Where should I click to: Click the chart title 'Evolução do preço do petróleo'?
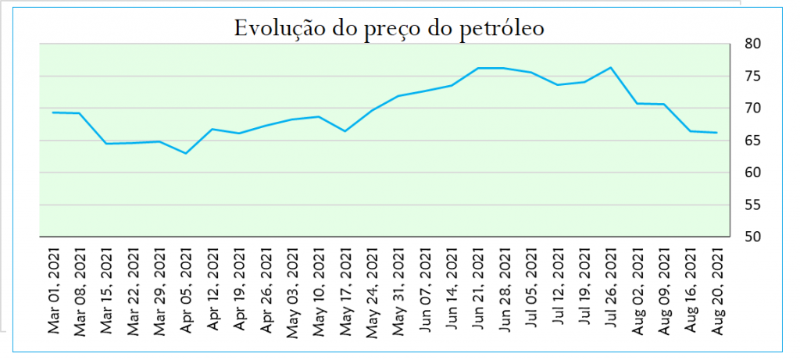pos(389,28)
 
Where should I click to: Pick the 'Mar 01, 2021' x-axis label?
pos(54,291)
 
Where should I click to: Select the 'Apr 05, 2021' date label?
pos(186,290)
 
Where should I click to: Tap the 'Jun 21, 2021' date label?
pos(479,290)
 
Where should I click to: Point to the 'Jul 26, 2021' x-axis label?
pos(611,289)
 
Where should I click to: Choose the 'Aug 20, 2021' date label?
pos(718,291)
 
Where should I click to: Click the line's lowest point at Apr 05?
pos(186,154)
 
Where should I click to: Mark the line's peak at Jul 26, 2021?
pos(611,67)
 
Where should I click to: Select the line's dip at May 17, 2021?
pos(345,131)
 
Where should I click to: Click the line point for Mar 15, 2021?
pos(106,144)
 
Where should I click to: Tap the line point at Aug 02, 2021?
pos(637,104)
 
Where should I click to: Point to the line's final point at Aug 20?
pos(717,133)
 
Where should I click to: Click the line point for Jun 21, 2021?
pos(478,68)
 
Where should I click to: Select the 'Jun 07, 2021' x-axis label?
pos(426,290)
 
